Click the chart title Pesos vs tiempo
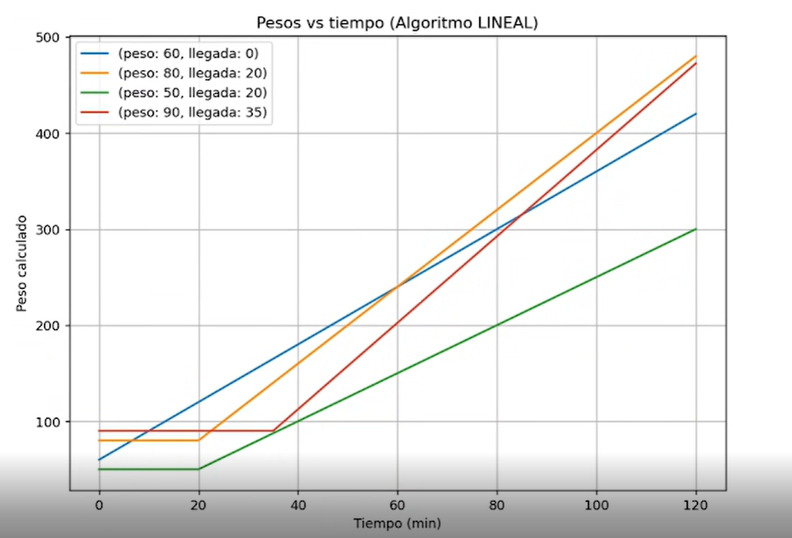click(x=397, y=23)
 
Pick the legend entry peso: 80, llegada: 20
click(x=192, y=74)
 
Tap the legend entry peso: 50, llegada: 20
click(x=192, y=93)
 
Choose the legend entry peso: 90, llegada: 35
click(x=192, y=112)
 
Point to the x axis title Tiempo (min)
click(x=397, y=523)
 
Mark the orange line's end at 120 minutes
click(x=696, y=56)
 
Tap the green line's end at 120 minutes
click(x=696, y=229)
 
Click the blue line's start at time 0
click(x=99, y=460)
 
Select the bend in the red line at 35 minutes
click(x=273, y=430)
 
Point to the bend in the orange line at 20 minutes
click(x=199, y=440)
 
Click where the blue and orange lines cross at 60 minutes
click(x=398, y=287)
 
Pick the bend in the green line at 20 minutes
click(x=199, y=469)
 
